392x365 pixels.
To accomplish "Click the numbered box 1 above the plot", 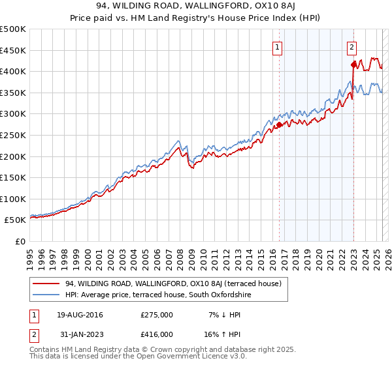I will [x=278, y=47].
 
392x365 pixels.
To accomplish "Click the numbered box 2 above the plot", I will [x=351, y=47].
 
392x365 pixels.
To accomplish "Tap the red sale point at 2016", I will [x=280, y=124].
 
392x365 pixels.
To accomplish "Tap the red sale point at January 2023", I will [x=353, y=64].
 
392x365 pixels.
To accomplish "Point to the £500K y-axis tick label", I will [x=12, y=29].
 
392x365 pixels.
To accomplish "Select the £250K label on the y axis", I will [x=12, y=135].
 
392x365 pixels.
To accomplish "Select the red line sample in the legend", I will [x=46, y=284].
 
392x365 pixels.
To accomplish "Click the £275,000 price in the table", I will [x=157, y=315].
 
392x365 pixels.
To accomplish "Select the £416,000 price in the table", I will [x=157, y=334].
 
